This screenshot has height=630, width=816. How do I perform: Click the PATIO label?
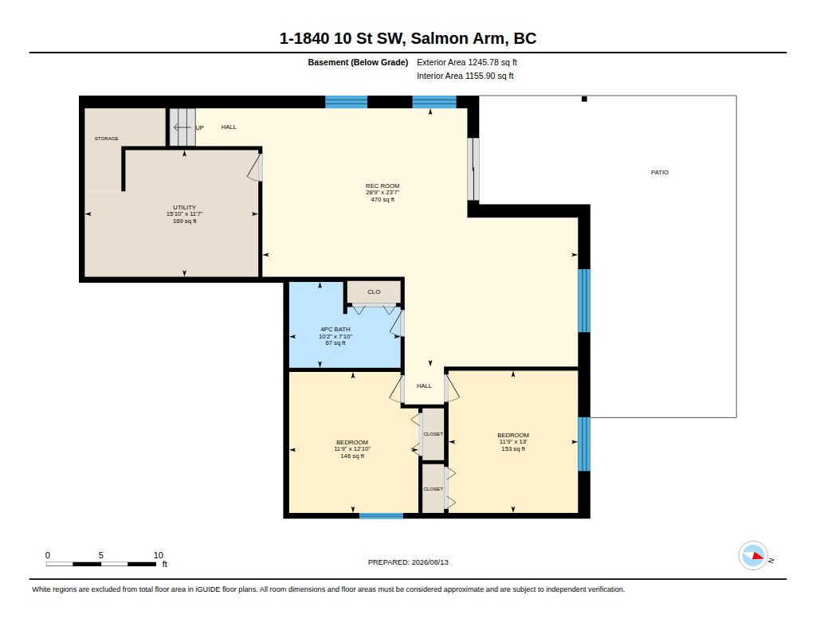tap(659, 172)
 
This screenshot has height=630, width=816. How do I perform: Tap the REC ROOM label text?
tap(382, 186)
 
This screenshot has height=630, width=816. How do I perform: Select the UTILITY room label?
tap(184, 207)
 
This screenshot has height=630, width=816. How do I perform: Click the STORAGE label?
tap(106, 139)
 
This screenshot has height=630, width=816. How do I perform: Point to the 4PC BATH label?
tap(335, 329)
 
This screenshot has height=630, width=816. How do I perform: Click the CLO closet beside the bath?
tap(374, 292)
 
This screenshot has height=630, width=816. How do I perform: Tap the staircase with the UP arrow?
tap(182, 127)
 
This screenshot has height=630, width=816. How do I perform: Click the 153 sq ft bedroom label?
tap(513, 442)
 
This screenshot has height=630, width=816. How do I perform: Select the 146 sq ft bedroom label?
tap(352, 449)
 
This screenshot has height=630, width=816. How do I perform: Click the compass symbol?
tap(753, 556)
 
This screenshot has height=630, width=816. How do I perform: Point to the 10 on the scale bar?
tap(159, 555)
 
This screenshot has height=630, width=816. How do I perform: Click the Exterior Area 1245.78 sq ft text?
tap(467, 62)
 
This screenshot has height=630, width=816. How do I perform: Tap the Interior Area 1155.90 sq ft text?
tap(465, 76)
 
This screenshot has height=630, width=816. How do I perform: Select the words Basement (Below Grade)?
tap(358, 62)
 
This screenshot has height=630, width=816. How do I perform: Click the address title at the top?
tap(408, 38)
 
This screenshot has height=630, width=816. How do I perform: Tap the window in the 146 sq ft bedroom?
tap(381, 516)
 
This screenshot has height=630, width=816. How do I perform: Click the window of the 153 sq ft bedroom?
tap(584, 444)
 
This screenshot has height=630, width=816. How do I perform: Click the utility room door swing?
tap(254, 167)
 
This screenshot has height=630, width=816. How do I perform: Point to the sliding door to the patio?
tap(473, 169)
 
